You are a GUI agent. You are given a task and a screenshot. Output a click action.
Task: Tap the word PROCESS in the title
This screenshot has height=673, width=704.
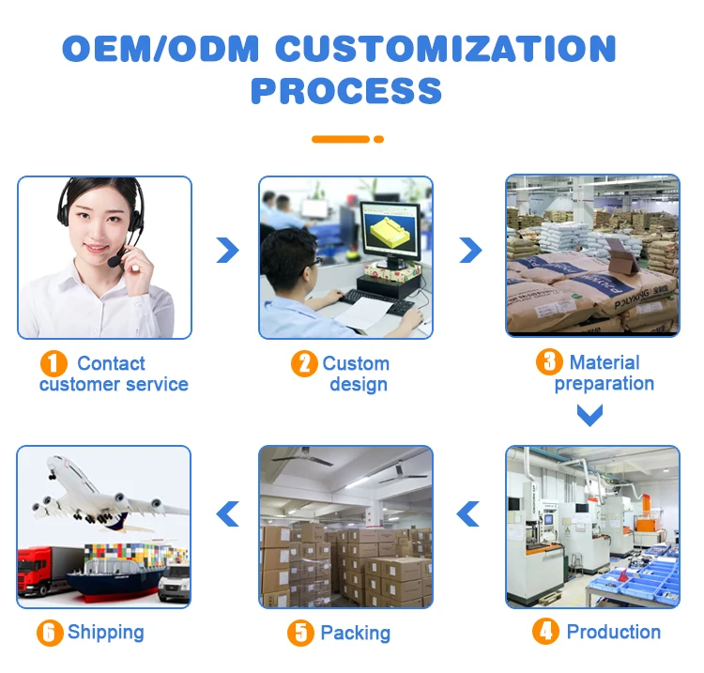point(346,91)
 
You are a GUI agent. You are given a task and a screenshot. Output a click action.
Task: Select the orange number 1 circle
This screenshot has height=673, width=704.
point(54,364)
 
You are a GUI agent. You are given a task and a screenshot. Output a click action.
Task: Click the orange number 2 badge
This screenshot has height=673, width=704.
point(303,364)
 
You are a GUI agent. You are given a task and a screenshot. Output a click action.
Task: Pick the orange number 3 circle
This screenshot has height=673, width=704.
point(548,362)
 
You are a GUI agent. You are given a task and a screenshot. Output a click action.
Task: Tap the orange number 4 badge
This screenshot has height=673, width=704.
point(544,632)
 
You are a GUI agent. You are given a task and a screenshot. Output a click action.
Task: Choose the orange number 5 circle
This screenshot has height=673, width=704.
point(300,633)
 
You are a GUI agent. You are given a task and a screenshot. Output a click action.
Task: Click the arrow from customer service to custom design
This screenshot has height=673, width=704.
point(226,250)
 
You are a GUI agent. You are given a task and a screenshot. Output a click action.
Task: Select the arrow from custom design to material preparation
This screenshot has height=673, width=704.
point(469,250)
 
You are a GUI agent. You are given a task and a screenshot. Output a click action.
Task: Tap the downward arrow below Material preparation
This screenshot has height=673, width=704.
point(589,414)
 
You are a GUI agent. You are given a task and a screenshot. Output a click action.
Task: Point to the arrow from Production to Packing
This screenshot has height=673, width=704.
point(468,513)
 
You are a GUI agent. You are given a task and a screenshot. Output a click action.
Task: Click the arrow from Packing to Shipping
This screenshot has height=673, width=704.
point(227,513)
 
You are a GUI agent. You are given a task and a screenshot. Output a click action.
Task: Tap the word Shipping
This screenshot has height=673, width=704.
point(106,632)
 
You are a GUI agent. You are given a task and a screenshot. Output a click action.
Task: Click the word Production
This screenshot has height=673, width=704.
point(613,632)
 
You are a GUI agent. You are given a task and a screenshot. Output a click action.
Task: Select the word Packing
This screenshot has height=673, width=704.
point(355,633)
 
